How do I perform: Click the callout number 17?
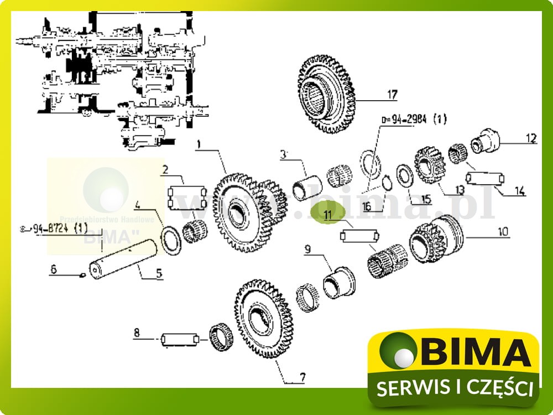click(392, 95)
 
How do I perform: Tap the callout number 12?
click(531, 138)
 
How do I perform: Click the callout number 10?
click(503, 231)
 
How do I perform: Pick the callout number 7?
click(302, 378)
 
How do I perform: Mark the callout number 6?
click(54, 269)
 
